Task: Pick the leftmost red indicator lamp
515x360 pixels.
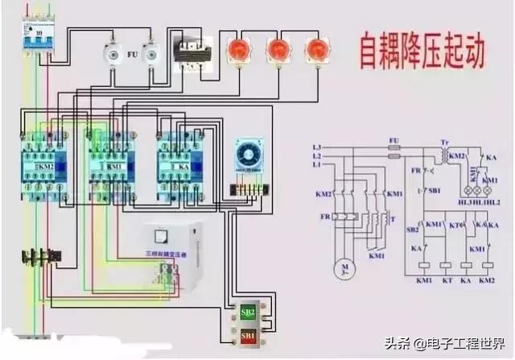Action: [x=240, y=51]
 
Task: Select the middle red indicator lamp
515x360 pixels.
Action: [x=278, y=51]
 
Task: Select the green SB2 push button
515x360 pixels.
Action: [x=247, y=312]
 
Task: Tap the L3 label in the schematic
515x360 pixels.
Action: [x=316, y=147]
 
